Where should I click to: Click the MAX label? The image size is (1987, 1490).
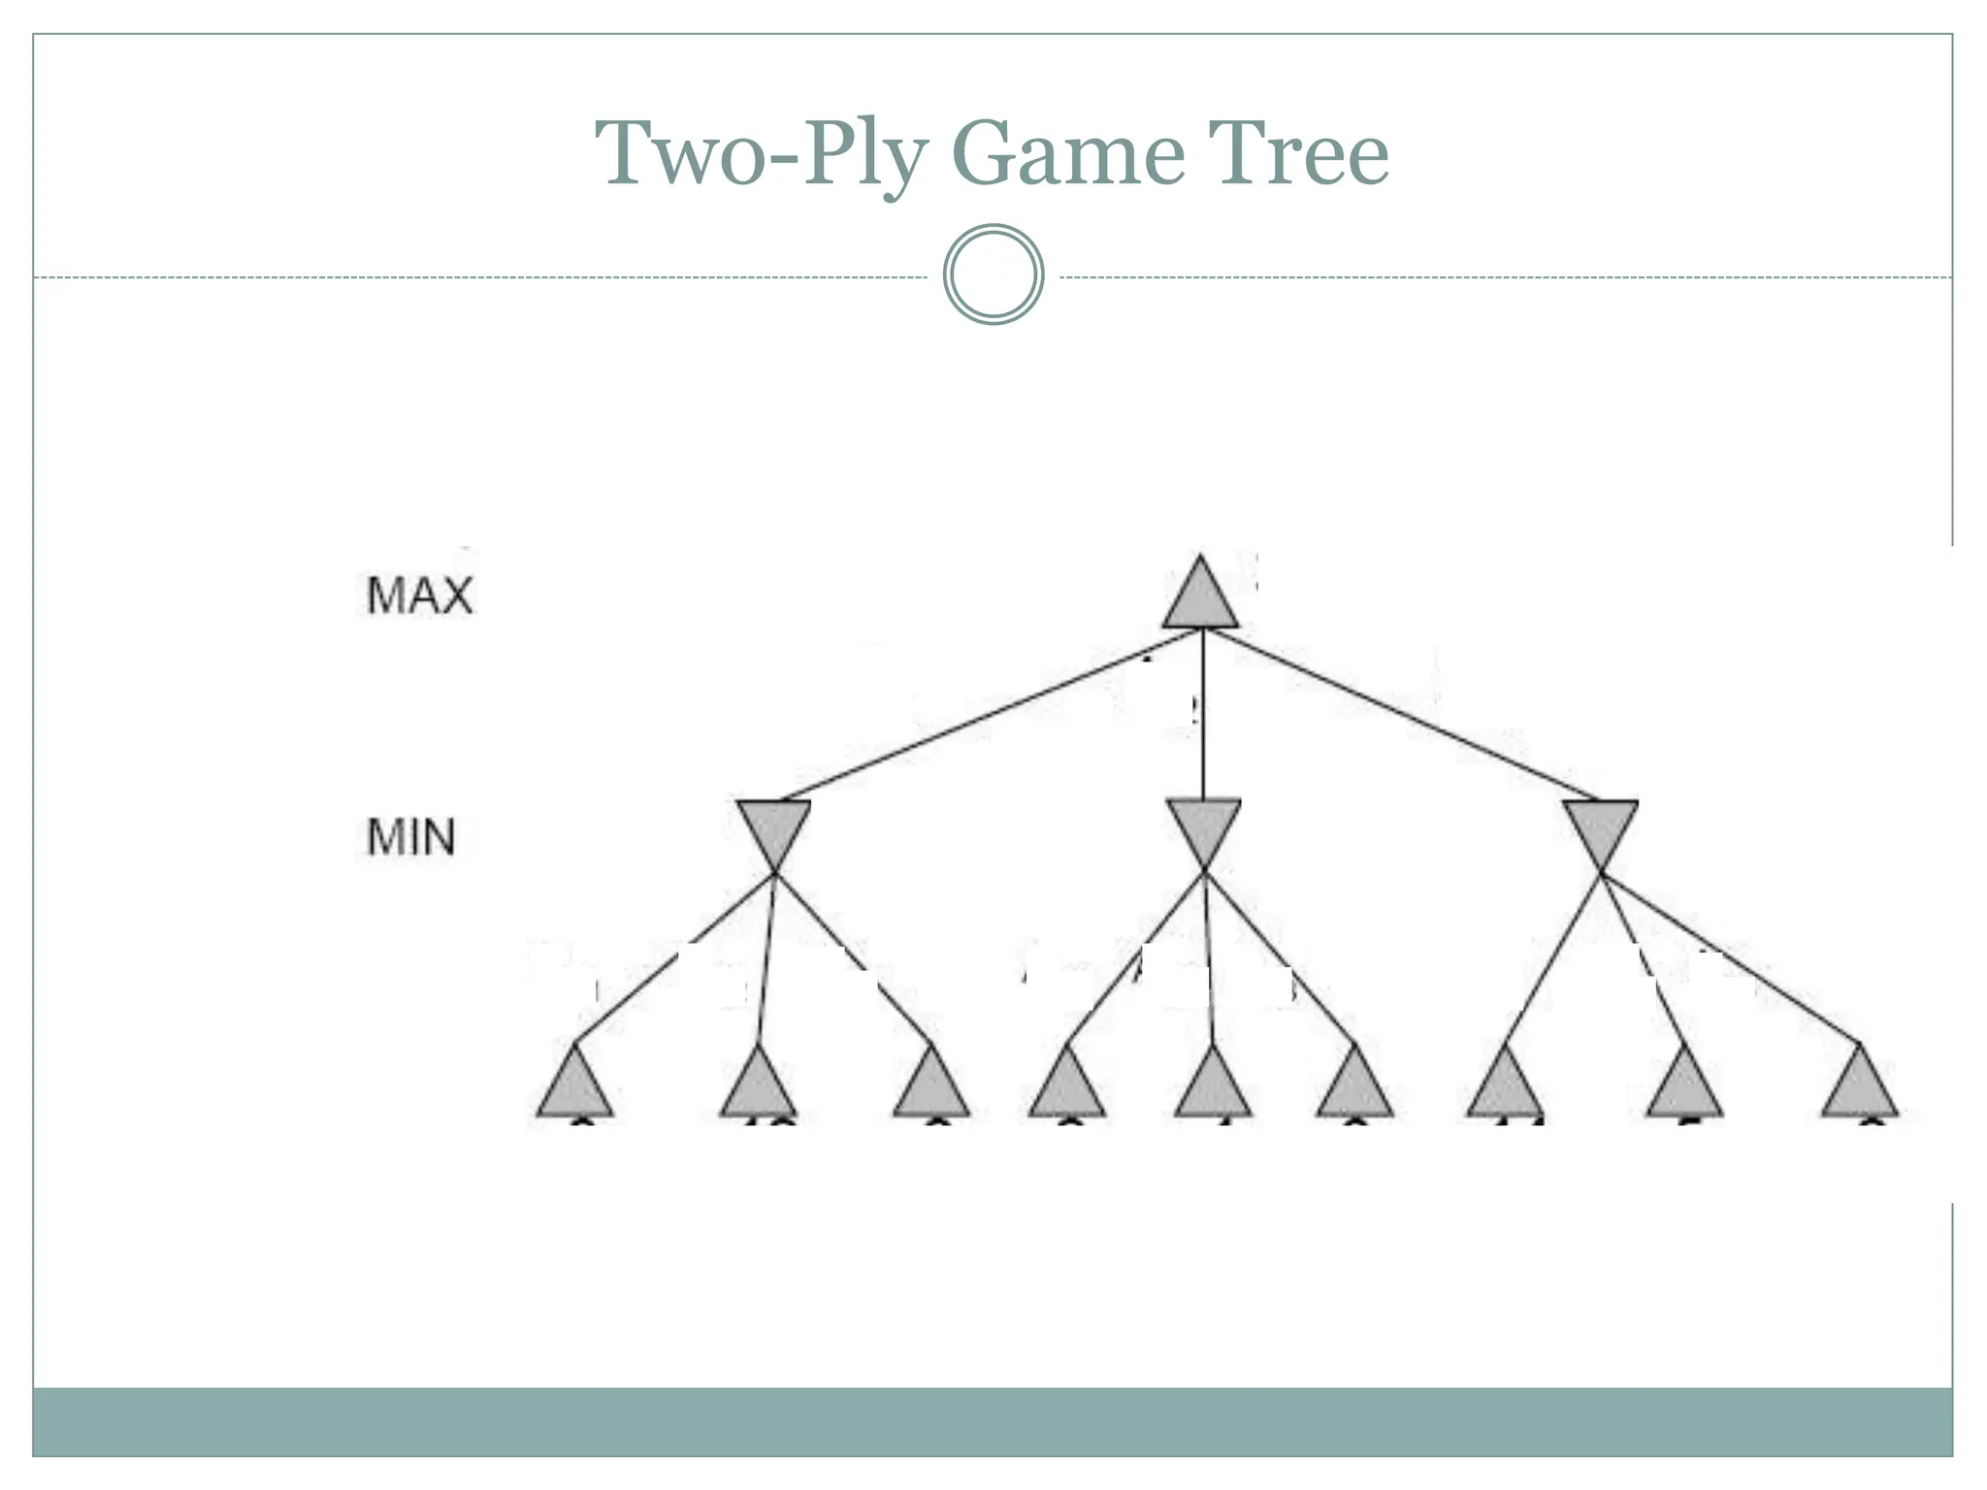click(419, 595)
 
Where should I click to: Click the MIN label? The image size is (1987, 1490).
click(410, 837)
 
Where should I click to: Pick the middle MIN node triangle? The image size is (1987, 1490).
click(1203, 827)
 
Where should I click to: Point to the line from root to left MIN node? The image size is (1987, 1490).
click(990, 715)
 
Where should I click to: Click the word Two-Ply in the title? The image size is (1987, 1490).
click(762, 152)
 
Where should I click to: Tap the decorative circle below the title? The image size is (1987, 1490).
click(993, 275)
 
